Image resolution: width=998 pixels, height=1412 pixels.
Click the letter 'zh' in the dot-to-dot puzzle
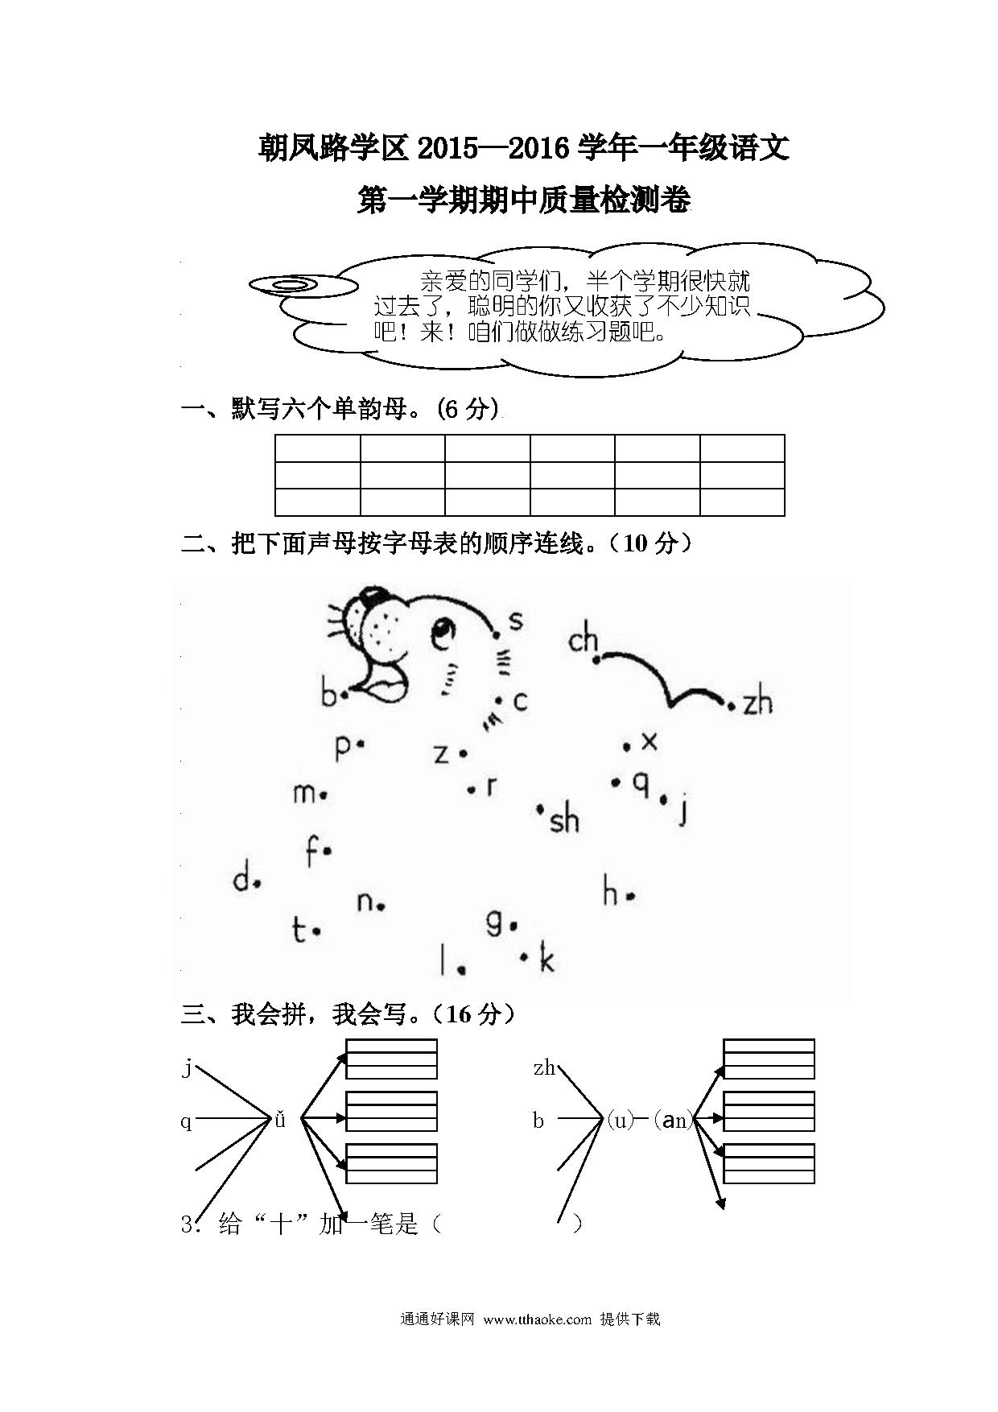[757, 703]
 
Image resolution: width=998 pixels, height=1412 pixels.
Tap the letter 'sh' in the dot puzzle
[564, 820]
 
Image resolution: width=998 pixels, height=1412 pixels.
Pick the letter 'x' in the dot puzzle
[649, 741]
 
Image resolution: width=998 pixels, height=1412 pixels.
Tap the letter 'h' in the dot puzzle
[611, 892]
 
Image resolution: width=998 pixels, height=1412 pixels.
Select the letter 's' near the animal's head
[516, 620]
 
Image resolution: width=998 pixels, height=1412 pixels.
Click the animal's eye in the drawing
[442, 634]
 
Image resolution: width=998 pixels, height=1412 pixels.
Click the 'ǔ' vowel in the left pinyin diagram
[280, 1119]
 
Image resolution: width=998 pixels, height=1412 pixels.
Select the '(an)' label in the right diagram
[672, 1119]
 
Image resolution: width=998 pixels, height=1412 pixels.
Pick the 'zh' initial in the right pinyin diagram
[544, 1068]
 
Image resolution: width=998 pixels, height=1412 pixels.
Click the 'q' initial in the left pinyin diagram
[187, 1121]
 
